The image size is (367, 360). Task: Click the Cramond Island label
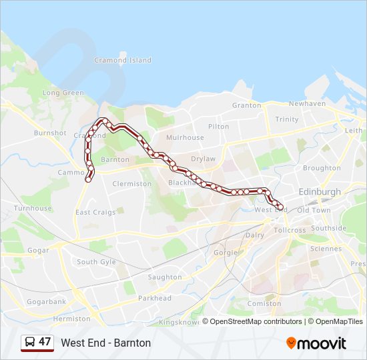click(123, 60)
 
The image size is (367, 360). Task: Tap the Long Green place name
click(63, 93)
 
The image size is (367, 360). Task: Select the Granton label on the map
click(246, 105)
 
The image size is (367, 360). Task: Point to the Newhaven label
click(307, 104)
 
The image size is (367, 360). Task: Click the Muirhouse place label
click(185, 137)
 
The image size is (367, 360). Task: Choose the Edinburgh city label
click(320, 191)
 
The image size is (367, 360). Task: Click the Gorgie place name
click(225, 253)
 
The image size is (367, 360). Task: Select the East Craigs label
click(95, 212)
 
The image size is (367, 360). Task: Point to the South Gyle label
click(96, 262)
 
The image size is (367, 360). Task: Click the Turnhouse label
click(33, 208)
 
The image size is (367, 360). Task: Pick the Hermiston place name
click(71, 319)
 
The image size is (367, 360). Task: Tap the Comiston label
click(264, 303)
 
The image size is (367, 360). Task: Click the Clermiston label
click(132, 184)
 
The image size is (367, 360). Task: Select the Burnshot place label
click(50, 133)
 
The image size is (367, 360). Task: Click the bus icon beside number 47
click(29, 342)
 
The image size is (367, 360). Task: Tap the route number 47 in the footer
click(45, 342)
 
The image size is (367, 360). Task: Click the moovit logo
click(316, 343)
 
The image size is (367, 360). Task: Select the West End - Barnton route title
click(106, 343)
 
